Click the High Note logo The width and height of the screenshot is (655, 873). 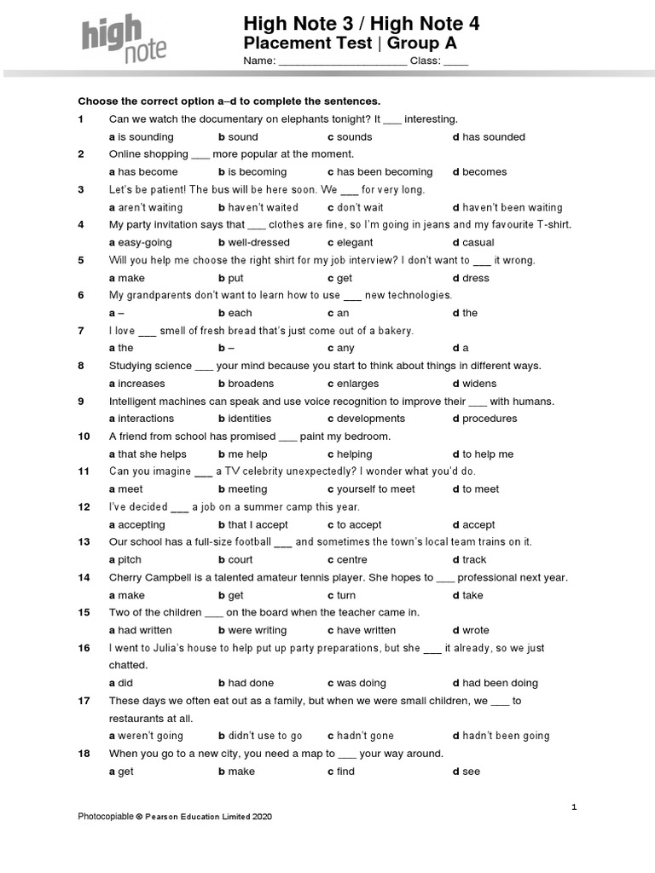(x=125, y=40)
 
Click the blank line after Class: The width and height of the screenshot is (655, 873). (x=455, y=62)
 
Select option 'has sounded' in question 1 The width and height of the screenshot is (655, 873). (x=494, y=136)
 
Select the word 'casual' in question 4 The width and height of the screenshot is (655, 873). (x=478, y=242)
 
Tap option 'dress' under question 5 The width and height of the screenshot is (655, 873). (x=476, y=278)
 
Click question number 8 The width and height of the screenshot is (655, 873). (x=81, y=366)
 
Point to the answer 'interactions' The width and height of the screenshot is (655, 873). (x=146, y=419)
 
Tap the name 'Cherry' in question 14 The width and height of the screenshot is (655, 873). (x=126, y=577)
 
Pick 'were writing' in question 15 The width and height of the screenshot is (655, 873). (x=258, y=630)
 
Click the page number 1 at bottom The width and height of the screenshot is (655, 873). (x=575, y=806)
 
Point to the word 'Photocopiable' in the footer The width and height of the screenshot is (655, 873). (x=106, y=817)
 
